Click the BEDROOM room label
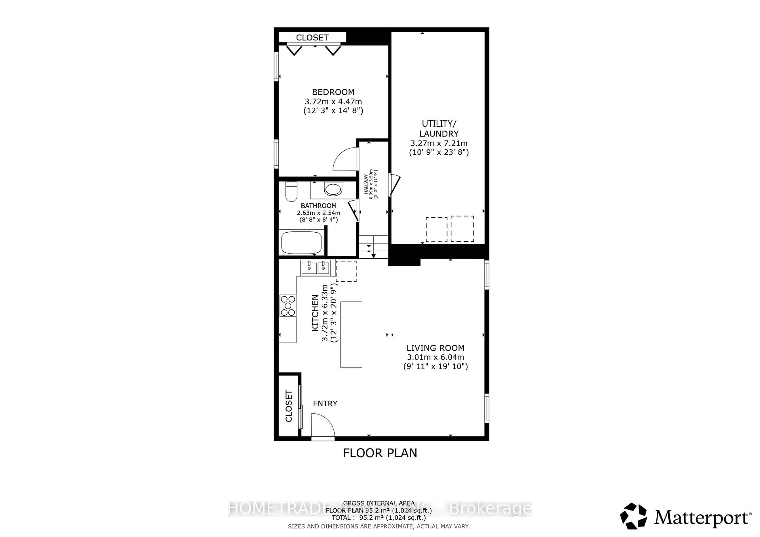(x=333, y=92)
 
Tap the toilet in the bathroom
(x=291, y=192)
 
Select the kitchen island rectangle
(x=351, y=334)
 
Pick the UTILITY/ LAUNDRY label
(x=439, y=129)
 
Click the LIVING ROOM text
(x=435, y=348)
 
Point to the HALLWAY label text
(x=366, y=184)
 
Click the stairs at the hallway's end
(x=373, y=247)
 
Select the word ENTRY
(x=325, y=403)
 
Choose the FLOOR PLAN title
(x=380, y=453)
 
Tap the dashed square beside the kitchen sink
(x=346, y=271)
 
